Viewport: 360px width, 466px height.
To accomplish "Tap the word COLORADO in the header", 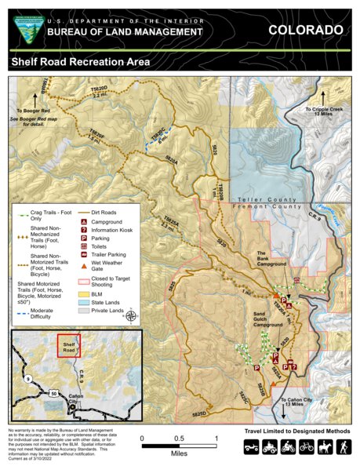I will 305,30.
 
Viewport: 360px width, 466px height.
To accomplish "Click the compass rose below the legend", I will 130,316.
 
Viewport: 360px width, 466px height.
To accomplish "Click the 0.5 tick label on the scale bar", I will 178,439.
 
